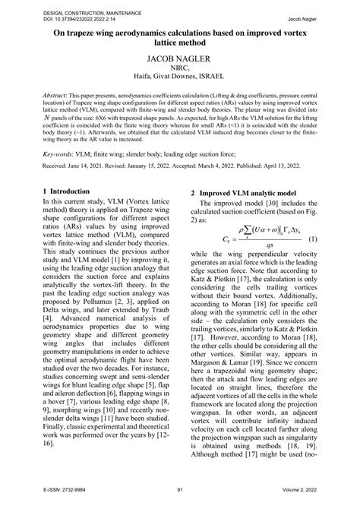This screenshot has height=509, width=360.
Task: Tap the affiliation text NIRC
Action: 179,77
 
